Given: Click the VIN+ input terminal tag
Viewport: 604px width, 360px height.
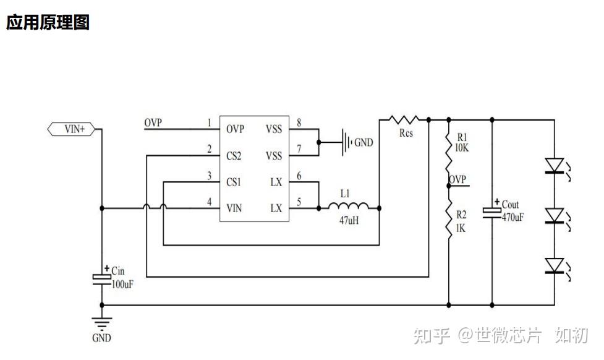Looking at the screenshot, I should [71, 129].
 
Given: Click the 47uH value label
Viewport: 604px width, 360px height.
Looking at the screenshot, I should [348, 221].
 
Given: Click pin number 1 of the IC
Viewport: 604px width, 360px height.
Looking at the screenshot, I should [210, 123].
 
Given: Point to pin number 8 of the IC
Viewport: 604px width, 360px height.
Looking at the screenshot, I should [299, 123].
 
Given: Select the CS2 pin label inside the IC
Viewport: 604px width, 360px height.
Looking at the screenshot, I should [234, 156].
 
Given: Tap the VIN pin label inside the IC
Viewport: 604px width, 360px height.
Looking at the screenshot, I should [234, 208].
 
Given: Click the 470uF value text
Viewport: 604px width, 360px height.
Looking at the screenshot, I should [513, 217].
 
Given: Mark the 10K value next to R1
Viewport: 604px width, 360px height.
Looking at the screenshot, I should [462, 148].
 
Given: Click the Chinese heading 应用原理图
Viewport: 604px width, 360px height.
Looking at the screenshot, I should [48, 23].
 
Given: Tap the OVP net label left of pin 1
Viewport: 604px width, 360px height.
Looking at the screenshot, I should [153, 122].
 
